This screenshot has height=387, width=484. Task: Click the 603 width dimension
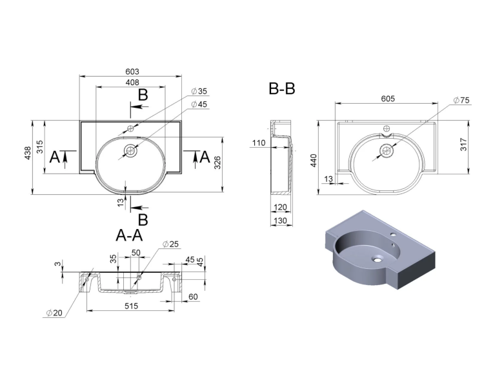coord(132,72)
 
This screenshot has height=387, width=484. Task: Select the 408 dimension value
coord(132,83)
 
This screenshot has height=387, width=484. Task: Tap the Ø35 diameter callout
coord(199,92)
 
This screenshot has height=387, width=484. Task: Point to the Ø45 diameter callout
coord(199,104)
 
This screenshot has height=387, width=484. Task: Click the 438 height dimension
coord(28,153)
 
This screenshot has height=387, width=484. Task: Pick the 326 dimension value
coord(217,163)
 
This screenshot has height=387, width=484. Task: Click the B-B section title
coord(282,88)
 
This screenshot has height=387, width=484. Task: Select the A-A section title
coord(129,235)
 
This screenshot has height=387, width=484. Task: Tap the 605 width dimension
coord(388,99)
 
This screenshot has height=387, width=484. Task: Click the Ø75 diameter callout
coord(461,101)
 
